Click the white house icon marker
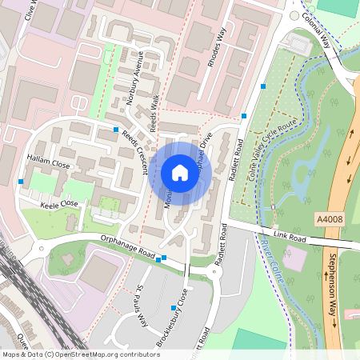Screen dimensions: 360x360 tap(180, 173)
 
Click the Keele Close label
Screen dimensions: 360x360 tap(58, 204)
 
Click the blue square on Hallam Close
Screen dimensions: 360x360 tap(20, 182)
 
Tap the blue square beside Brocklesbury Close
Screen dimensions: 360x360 tap(174, 307)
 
